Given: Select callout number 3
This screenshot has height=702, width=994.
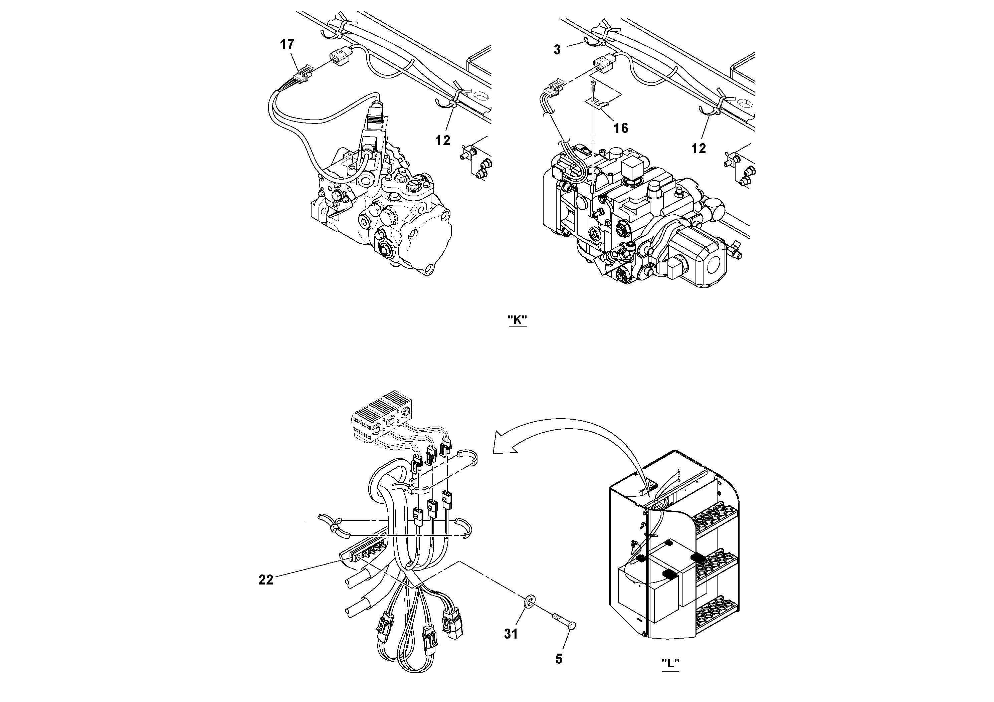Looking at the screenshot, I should pos(557,50).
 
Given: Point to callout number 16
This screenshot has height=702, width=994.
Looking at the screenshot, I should pos(621,128).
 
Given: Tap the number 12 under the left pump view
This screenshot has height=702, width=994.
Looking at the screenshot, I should pos(442,140).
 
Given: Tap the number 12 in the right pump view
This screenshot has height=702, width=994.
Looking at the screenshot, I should pos(698,149).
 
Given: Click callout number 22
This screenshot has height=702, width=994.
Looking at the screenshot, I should pos(266,580).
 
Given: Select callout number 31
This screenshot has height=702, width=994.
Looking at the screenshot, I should pos(511,634).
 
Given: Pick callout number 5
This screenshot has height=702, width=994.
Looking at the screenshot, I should pos(559,659).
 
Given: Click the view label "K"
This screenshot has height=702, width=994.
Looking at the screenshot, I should pos(517,320).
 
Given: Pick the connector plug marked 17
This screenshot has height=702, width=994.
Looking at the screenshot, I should pos(303,73).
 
